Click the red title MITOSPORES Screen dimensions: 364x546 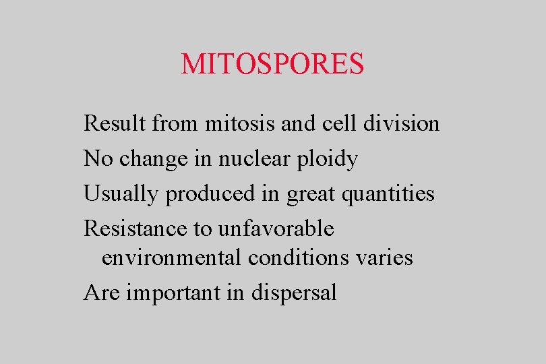272,64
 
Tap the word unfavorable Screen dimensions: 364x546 276,229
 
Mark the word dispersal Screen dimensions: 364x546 293,293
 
